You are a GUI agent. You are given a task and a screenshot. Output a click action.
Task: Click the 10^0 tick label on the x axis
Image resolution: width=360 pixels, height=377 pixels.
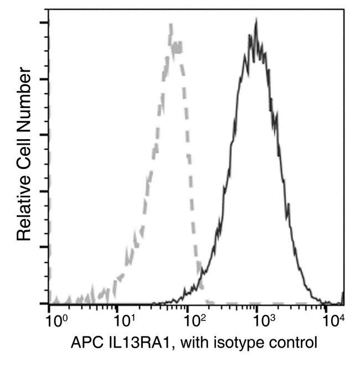pos(55,320)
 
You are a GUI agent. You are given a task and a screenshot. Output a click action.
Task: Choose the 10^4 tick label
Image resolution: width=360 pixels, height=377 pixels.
pos(332,320)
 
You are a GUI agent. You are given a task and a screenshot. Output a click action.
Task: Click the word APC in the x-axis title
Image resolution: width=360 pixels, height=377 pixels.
pos(83,343)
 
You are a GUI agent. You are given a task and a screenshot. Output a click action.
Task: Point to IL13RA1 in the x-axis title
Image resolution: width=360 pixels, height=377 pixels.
pos(128,343)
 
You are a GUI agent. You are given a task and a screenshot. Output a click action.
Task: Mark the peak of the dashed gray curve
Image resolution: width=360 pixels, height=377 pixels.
pos(171,25)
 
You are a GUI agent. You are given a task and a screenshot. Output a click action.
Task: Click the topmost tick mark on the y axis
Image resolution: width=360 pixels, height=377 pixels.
pos(43,23)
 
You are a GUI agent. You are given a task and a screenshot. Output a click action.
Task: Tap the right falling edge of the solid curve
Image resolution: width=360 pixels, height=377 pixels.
pos(286,166)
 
